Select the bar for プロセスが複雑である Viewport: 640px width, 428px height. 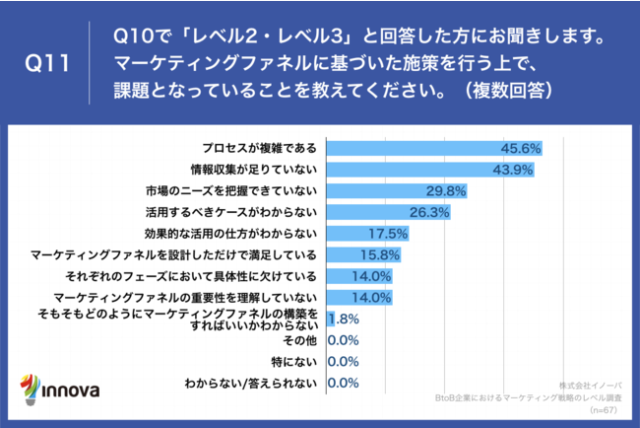click(433, 148)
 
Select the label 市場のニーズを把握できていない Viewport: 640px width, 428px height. click(231, 190)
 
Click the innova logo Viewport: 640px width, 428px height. click(61, 388)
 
